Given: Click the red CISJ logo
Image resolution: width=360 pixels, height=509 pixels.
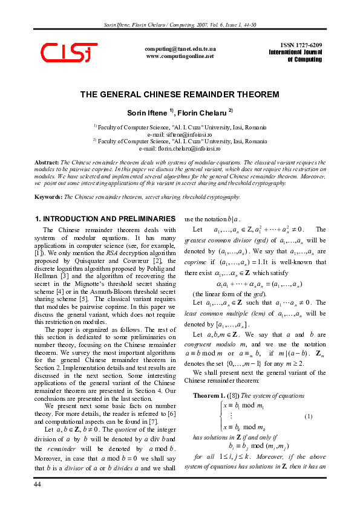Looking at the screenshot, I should click(68, 52).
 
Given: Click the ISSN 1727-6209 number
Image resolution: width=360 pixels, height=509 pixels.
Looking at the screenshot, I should click(301, 45).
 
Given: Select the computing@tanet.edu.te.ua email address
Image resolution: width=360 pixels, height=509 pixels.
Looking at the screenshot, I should click(180, 48).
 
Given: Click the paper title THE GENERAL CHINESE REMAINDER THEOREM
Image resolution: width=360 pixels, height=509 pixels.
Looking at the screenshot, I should click(180, 95).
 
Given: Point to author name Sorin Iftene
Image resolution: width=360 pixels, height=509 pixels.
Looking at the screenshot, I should click(155, 113).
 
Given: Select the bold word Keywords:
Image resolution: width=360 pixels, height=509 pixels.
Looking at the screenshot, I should click(48, 196).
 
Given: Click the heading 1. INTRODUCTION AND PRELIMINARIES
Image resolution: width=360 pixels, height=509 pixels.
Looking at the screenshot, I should click(97, 218).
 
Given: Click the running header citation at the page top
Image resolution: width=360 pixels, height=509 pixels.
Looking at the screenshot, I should click(180, 25).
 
